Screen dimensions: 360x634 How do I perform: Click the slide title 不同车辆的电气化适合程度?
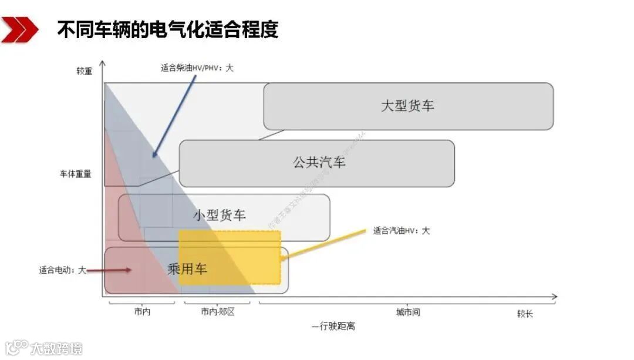click(x=168, y=30)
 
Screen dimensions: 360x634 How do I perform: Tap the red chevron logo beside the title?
click(x=19, y=29)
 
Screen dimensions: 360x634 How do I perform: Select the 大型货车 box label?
click(x=407, y=106)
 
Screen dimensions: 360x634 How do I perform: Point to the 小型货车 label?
click(x=220, y=215)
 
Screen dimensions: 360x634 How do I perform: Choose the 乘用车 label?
click(x=187, y=269)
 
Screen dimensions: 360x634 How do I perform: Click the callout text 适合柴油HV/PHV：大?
click(x=197, y=68)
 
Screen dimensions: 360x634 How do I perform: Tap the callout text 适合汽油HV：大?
click(x=401, y=231)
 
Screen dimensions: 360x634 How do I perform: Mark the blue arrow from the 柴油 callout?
click(x=174, y=115)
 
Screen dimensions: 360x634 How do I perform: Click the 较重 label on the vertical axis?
click(x=84, y=72)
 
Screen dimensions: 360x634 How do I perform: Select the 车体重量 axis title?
click(x=76, y=174)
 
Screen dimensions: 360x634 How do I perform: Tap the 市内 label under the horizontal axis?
click(x=141, y=312)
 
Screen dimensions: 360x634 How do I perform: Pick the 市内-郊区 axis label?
click(x=217, y=312)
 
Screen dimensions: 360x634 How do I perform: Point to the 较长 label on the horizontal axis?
click(x=525, y=314)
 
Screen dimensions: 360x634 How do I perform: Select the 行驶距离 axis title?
click(x=335, y=325)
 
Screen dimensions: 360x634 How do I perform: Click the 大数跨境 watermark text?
click(x=56, y=348)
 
